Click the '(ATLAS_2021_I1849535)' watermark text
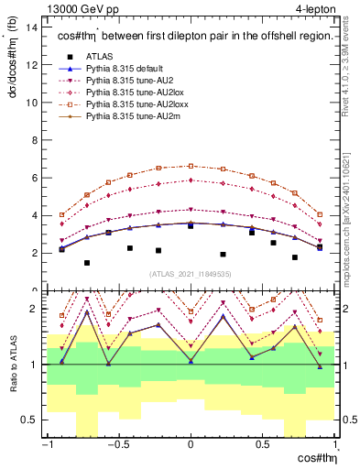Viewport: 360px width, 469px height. tap(191, 274)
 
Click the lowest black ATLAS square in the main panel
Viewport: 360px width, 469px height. tap(88, 263)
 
